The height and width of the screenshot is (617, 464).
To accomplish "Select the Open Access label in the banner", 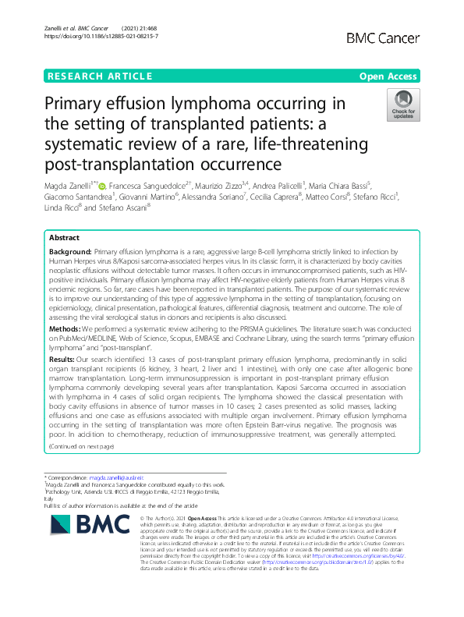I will click(388, 76).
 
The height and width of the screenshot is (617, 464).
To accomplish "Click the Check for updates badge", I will click(402, 105).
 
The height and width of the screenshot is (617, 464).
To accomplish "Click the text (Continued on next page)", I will click(81, 445).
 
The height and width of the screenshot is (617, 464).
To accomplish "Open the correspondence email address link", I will click(122, 477).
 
